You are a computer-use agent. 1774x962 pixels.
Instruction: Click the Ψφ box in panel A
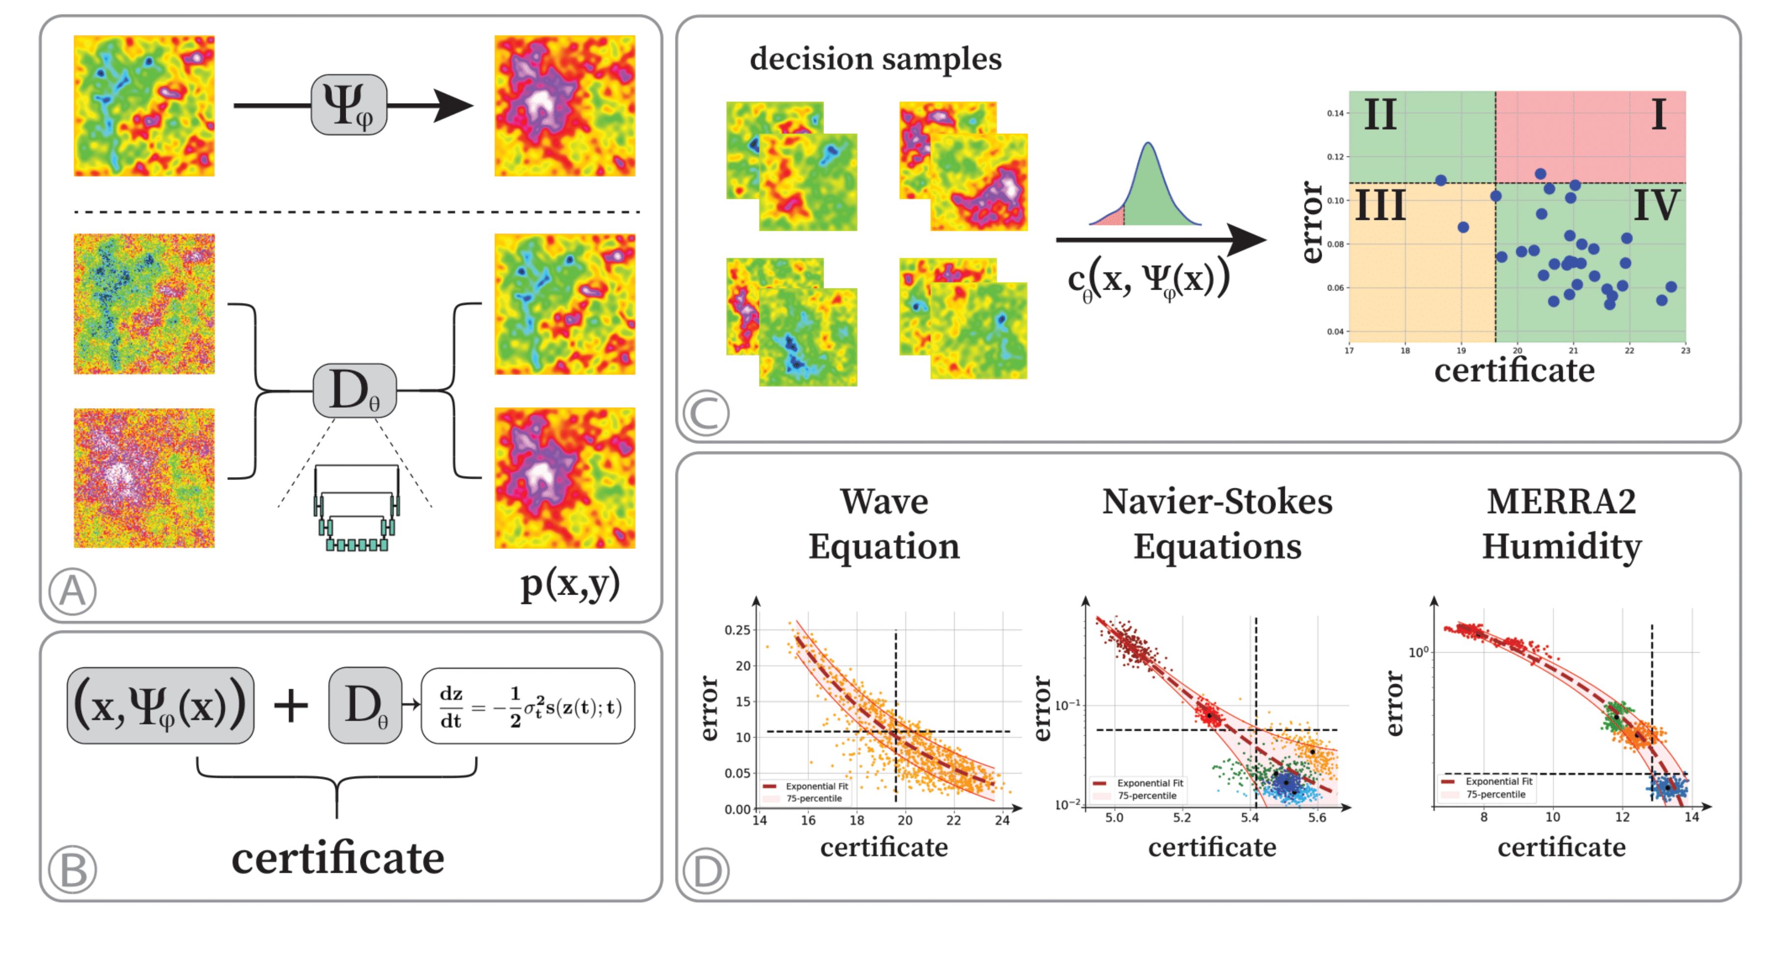click(x=349, y=105)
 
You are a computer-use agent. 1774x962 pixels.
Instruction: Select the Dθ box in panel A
click(x=354, y=391)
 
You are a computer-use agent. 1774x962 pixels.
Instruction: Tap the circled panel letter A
click(x=72, y=591)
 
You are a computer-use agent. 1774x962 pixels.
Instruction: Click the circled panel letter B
click(x=72, y=870)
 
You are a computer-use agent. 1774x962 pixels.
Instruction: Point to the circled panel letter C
click(x=706, y=413)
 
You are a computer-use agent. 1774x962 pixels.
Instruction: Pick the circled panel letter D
click(x=706, y=871)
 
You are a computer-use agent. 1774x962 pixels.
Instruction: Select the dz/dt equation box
click(x=528, y=706)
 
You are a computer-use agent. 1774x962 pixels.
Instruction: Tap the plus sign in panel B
click(x=291, y=706)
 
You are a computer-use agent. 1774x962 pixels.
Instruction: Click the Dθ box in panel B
click(x=365, y=706)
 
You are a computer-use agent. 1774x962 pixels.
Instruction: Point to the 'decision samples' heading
click(x=875, y=59)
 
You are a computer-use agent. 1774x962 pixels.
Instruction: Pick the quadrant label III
click(x=1380, y=205)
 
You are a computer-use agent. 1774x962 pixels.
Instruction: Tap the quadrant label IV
click(x=1656, y=205)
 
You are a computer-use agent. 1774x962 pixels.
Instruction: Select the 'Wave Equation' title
click(x=884, y=523)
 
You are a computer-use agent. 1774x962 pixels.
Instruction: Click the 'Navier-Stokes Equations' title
click(x=1217, y=523)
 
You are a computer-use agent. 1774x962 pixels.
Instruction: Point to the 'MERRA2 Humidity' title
click(x=1561, y=523)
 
